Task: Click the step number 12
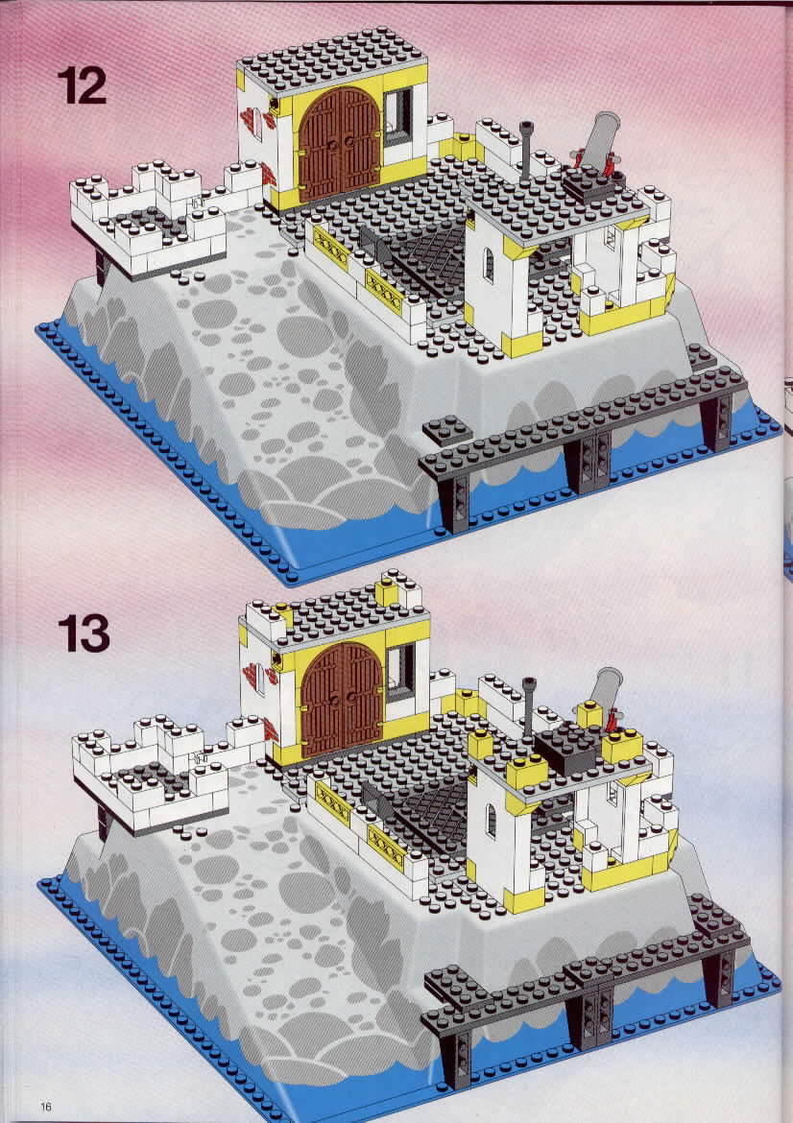click(82, 85)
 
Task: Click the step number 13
click(84, 633)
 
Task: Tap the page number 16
click(46, 1107)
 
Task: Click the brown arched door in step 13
click(342, 699)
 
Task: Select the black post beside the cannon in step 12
click(527, 150)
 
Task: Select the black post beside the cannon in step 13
click(529, 705)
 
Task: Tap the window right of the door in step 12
click(398, 117)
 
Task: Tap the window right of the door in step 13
click(400, 672)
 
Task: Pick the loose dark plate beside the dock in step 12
click(447, 429)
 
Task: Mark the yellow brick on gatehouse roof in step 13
click(388, 591)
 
